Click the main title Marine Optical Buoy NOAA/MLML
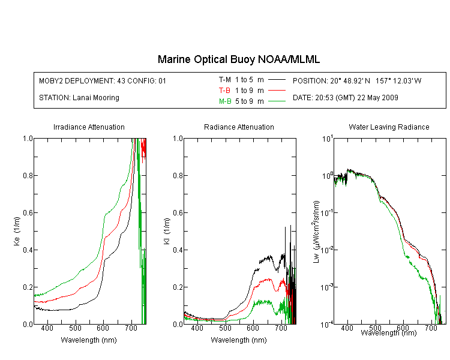239,59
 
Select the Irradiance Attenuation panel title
89,127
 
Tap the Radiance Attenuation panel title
239,127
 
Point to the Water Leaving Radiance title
389,127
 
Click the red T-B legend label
224,91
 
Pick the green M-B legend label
225,101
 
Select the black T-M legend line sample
277,80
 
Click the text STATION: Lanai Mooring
79,98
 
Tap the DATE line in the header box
345,98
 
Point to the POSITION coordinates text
357,80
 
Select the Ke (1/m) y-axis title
17,231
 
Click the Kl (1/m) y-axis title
167,231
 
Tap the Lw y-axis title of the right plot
316,232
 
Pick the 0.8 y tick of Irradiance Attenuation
28,175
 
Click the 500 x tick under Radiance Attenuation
225,328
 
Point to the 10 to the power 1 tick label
327,139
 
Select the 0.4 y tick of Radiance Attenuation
178,250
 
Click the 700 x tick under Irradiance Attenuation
131,328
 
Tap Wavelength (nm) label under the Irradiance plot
89,340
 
